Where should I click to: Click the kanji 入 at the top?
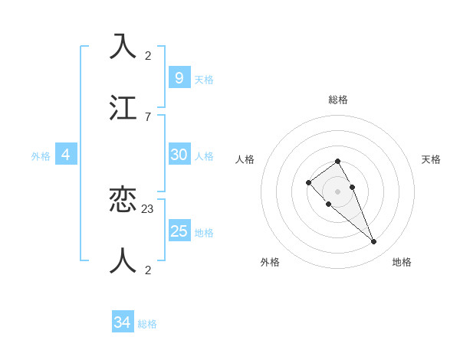pyautogui.click(x=123, y=47)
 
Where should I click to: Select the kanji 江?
pyautogui.click(x=123, y=108)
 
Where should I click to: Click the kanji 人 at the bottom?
pyautogui.click(x=123, y=260)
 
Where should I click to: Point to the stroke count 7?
pyautogui.click(x=147, y=117)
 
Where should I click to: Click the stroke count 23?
pyautogui.click(x=148, y=208)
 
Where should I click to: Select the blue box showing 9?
pyautogui.click(x=179, y=77)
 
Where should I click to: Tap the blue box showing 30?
pyautogui.click(x=179, y=155)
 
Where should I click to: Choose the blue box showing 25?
pyautogui.click(x=179, y=231)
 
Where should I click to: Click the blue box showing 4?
pyautogui.click(x=66, y=155)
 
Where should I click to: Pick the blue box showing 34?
pyautogui.click(x=122, y=322)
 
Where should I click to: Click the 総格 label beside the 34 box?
pyautogui.click(x=147, y=324)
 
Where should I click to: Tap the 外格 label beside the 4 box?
pyautogui.click(x=41, y=156)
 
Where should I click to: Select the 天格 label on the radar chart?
pyautogui.click(x=431, y=159)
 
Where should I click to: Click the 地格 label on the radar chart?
pyautogui.click(x=402, y=262)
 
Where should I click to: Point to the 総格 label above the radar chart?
pyautogui.click(x=338, y=100)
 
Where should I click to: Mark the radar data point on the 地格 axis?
pyautogui.click(x=373, y=242)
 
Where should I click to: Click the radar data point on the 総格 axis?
pyautogui.click(x=337, y=161)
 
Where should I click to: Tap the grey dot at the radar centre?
pyautogui.click(x=337, y=191)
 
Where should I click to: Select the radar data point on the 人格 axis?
pyautogui.click(x=308, y=182)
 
